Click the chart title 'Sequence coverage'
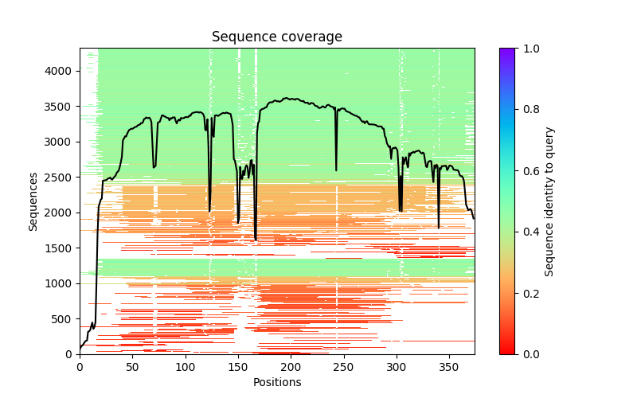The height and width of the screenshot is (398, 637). tap(276, 37)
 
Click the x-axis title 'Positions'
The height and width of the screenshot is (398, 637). tap(276, 382)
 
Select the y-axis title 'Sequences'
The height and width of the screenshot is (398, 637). tap(33, 201)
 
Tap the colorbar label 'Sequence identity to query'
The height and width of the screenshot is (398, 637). tap(549, 201)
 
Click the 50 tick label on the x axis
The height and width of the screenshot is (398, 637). tap(132, 367)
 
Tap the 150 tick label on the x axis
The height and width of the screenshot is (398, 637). tap(238, 367)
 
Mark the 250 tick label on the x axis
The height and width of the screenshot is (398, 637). tap(344, 367)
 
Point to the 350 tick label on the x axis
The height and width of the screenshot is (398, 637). tap(449, 367)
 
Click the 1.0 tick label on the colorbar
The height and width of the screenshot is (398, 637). tap(529, 49)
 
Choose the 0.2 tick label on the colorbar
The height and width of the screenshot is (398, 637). tap(529, 293)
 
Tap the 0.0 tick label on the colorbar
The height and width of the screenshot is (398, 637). tap(529, 353)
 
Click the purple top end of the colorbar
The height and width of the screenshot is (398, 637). tap(506, 51)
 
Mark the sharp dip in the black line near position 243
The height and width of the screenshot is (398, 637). tap(336, 169)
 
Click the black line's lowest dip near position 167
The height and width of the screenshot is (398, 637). tap(256, 240)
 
